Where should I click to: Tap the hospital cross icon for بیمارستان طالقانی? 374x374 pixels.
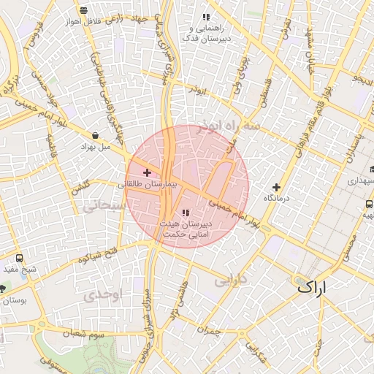pos(148,173)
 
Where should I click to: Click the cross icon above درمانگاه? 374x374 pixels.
pos(276,187)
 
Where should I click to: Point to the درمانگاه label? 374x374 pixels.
pos(277,198)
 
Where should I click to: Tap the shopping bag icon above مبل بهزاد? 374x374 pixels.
pos(96,135)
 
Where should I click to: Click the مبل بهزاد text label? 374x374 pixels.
pos(95,146)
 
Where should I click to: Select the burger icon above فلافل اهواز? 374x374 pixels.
pos(84,10)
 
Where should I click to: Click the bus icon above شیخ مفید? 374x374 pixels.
pos(19,258)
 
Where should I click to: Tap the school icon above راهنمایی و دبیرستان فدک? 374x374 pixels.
pos(206,16)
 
